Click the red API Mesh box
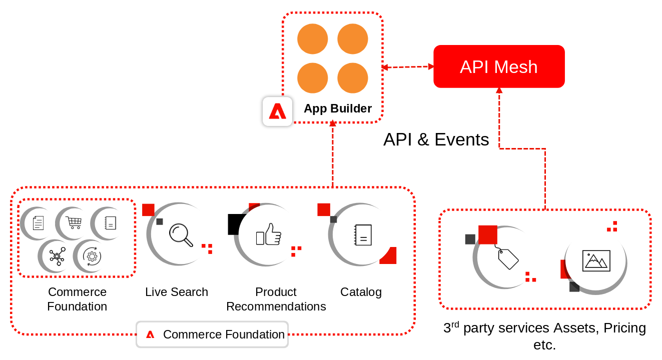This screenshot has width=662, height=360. pos(499,66)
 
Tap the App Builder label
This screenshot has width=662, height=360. pos(337,108)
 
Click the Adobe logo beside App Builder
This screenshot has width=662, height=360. pos(278,111)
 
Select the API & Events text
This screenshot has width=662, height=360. pos(436,139)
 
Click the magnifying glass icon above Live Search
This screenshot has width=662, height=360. pos(181,235)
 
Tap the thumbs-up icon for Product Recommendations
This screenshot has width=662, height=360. pos(268,234)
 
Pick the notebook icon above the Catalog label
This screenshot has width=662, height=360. pos(363,235)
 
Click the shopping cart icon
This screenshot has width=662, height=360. pos(74,222)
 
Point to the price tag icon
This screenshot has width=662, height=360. pos(507,257)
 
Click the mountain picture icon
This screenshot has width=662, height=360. pos(596,261)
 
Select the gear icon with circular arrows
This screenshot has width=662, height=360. pos(92,256)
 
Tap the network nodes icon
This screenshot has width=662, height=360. pos(57,256)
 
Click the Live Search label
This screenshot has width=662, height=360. pos(177,292)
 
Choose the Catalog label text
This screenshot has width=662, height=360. pos(361,292)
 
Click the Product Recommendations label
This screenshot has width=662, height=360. pos(276,299)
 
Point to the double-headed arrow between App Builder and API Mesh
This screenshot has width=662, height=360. pos(408,67)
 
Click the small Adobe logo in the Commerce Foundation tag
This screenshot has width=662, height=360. pos(150,334)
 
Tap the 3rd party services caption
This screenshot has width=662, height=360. pos(545,336)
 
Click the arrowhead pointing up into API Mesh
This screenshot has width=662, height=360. pos(499,90)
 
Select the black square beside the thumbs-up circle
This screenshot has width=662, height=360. pos(236,224)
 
